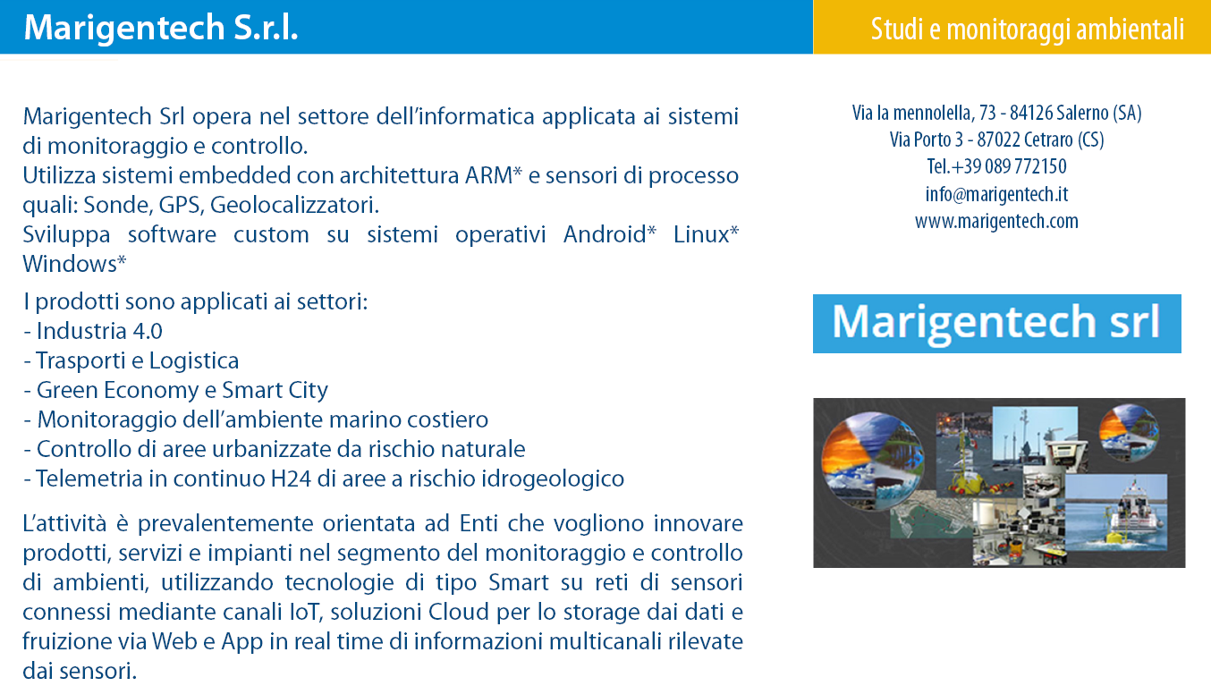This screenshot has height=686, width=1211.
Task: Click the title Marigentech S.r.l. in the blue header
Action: tap(161, 28)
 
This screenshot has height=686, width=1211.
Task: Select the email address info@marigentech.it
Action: tap(996, 194)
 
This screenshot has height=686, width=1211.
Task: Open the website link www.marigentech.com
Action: tap(996, 221)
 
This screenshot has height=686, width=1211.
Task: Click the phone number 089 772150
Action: tap(1026, 166)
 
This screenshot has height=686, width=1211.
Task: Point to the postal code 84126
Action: tap(1031, 113)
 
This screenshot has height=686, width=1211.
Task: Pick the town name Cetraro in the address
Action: tap(1048, 140)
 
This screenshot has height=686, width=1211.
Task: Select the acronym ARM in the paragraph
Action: tap(488, 175)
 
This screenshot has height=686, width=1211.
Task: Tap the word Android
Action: tap(605, 234)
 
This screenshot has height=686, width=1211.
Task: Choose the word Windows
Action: tap(70, 265)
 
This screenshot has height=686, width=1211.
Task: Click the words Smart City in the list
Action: tap(275, 391)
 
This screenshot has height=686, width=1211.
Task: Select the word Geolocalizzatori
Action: tap(294, 206)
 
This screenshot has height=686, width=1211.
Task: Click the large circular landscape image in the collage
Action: tap(872, 461)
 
